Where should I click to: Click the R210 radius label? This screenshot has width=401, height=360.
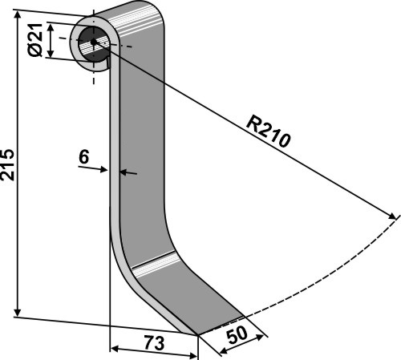(268, 131)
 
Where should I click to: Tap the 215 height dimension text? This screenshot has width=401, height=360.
(7, 165)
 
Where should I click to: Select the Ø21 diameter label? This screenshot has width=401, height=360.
(35, 40)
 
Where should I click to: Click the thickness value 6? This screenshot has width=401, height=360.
(83, 157)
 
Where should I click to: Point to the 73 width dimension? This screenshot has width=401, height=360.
(154, 343)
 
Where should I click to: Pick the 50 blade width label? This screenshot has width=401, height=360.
(237, 334)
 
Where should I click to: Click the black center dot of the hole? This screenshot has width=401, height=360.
(93, 42)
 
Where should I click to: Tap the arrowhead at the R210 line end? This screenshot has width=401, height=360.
(391, 216)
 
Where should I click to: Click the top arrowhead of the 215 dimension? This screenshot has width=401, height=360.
(18, 15)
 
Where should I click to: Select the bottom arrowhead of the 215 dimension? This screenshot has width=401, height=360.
(18, 312)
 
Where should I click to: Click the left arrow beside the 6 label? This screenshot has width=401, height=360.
(93, 168)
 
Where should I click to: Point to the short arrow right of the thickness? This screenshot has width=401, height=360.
(128, 173)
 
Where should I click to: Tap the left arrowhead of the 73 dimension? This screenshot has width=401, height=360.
(115, 349)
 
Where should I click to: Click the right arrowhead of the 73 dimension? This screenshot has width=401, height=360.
(193, 356)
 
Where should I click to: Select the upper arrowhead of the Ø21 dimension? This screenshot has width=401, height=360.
(51, 26)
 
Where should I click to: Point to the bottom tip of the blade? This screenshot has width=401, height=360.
(198, 334)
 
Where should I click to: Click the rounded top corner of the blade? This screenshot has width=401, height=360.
(158, 10)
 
